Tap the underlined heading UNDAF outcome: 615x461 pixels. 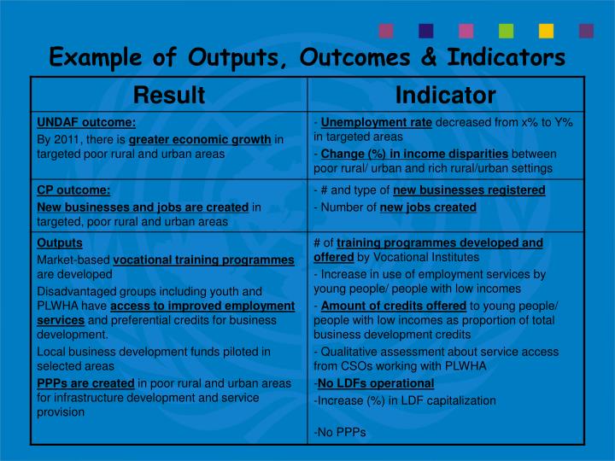85,122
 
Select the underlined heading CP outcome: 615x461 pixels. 73,190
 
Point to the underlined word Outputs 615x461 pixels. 59,242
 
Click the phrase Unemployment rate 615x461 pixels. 376,122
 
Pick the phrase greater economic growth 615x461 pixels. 200,138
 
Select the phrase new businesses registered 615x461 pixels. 468,190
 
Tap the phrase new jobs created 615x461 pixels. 428,207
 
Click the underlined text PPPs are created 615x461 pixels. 85,382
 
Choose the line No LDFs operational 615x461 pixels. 375,383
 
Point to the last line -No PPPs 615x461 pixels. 339,432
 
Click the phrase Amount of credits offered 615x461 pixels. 393,306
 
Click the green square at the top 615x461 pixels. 507,31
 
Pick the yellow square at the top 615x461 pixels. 547,31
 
